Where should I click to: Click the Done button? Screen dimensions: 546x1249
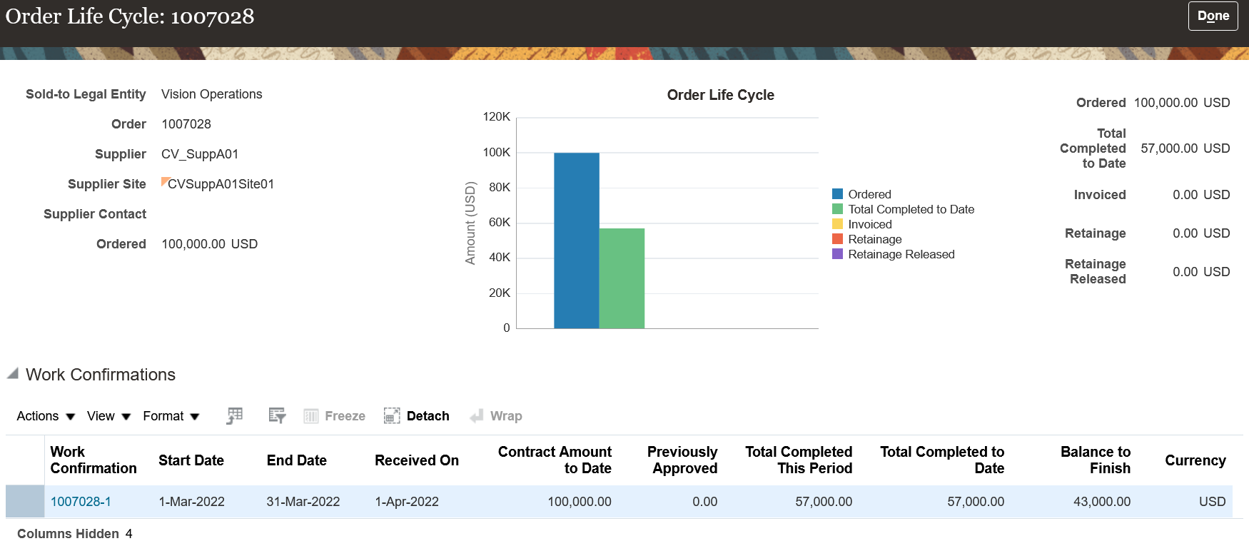1213,16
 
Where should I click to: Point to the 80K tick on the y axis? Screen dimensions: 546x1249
499,187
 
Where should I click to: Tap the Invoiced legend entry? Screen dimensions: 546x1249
869,224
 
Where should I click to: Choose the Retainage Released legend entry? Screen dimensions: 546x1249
901,254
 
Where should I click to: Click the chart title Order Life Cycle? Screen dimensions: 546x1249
720,95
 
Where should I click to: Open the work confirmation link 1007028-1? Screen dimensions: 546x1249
81,502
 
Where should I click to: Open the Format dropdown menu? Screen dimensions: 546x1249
171,416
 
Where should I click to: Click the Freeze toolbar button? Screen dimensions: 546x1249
335,416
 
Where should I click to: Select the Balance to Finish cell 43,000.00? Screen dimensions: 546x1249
1101,502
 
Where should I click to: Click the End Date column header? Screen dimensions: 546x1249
296,460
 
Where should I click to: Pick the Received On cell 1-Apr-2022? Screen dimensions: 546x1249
407,502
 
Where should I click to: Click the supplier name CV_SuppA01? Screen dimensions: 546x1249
200,154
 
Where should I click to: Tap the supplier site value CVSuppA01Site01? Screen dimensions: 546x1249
221,184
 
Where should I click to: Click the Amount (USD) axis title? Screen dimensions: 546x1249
470,223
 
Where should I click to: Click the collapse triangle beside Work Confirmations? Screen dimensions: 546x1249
12,373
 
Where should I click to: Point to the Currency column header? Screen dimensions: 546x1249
1195,460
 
